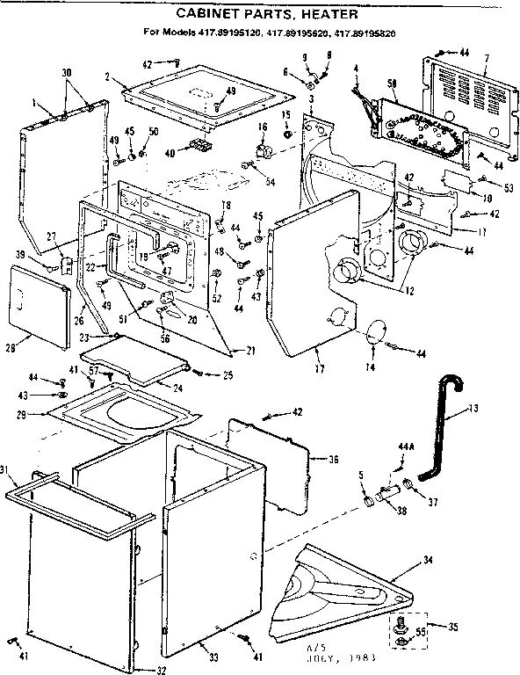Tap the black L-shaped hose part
coord(438,431)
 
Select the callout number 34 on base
coord(428,559)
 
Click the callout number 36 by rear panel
coord(333,459)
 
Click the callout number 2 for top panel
coord(105,77)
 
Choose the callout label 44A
coord(405,446)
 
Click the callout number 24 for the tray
coord(178,388)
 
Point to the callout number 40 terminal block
coord(170,151)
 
